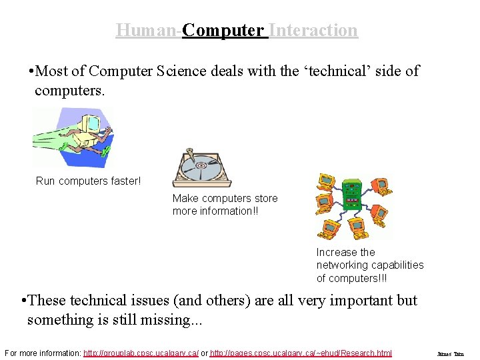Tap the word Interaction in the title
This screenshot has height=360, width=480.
(313, 31)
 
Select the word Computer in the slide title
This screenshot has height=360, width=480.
(223, 31)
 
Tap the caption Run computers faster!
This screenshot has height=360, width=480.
(88, 181)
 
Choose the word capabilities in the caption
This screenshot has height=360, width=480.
(398, 265)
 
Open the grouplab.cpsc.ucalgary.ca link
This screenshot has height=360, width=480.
(141, 353)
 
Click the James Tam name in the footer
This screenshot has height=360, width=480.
(450, 353)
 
